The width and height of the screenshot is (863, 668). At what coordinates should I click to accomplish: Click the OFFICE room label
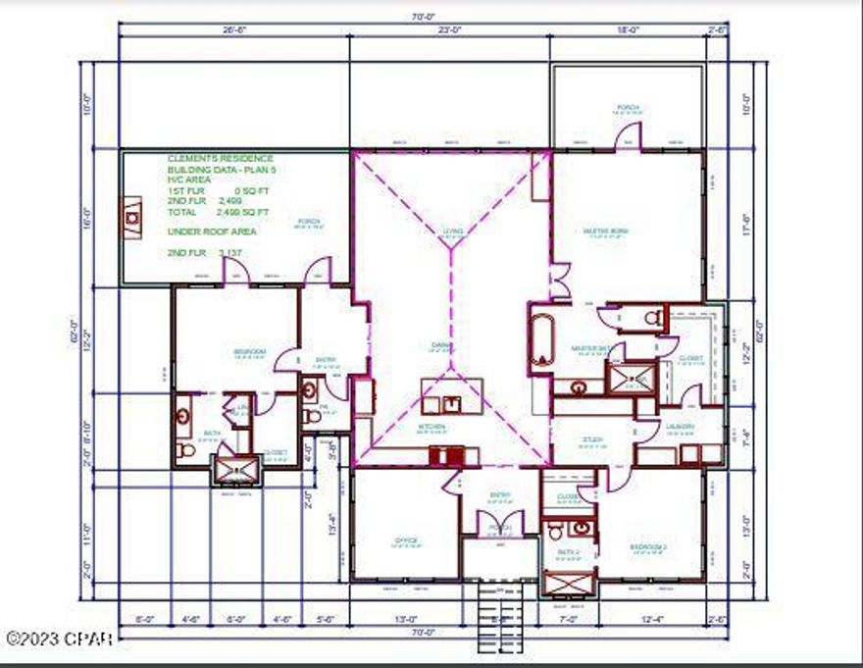406,540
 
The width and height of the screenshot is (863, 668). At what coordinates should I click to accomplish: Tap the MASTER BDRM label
605,231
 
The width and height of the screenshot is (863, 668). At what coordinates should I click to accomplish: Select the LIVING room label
452,231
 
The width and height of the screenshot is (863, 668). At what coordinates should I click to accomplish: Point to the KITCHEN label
431,428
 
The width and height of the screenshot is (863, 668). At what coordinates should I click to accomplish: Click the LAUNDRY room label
681,427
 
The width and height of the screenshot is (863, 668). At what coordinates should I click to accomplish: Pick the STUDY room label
591,439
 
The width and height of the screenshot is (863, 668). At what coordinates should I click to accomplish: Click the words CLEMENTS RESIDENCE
221,158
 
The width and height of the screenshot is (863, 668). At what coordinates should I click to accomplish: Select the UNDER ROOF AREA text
212,231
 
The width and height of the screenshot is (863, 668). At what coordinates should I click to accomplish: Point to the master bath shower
631,379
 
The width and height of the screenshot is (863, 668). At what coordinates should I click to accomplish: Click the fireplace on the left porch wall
131,217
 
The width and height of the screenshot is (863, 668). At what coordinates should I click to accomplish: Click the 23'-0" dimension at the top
450,29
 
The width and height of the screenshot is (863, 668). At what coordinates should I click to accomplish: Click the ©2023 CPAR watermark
59,639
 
